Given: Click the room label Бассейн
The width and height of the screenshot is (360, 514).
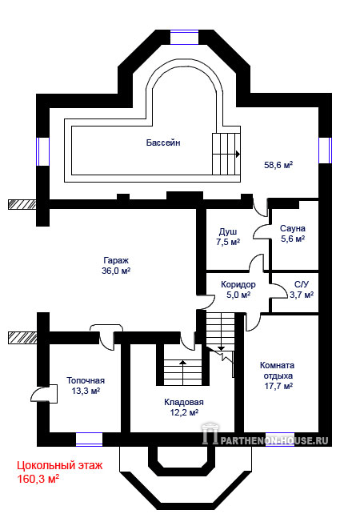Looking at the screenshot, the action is tap(163, 143).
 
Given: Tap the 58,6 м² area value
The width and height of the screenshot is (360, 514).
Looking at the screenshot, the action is tap(278, 165).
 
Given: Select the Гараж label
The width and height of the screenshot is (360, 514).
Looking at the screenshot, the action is tap(116, 261).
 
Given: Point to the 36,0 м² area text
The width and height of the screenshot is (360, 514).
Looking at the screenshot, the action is tap(116, 271).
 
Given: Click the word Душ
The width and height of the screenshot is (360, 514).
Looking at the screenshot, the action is tap(228, 232).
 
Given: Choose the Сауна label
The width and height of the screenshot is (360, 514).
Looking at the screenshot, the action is tap(293, 228).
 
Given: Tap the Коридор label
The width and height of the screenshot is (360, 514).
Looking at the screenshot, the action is tap(238, 284).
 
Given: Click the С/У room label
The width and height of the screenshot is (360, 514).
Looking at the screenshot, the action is tap(302, 284).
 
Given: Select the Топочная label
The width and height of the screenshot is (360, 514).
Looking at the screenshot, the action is tap(86, 380).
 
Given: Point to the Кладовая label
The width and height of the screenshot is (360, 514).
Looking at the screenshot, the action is tap(184, 402).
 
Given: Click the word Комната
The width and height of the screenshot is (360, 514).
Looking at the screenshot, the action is tap(277, 365).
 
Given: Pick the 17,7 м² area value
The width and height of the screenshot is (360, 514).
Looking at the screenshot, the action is tap(278, 386).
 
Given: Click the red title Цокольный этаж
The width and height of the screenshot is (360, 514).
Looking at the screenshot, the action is tap(60, 465).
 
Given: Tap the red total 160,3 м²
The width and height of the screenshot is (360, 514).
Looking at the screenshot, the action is tap(38, 479).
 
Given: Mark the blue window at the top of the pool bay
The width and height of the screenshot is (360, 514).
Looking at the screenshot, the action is tap(185, 37).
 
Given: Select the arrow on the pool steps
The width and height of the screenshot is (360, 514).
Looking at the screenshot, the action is tap(238, 154).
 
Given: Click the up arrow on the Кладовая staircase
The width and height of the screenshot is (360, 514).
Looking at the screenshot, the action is tap(182, 363).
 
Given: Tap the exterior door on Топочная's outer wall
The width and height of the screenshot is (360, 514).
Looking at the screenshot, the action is tap(43, 393).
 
